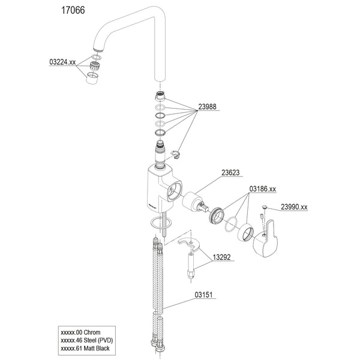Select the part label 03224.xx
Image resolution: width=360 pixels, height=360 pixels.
(x=62, y=62)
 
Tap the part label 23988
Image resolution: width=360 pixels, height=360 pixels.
(x=208, y=107)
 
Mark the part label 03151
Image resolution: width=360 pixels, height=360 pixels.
(x=205, y=295)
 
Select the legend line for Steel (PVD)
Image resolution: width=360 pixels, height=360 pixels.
(x=86, y=340)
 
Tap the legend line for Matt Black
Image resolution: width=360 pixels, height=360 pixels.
(x=86, y=347)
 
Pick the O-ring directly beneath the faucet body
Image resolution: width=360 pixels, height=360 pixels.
(x=159, y=223)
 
